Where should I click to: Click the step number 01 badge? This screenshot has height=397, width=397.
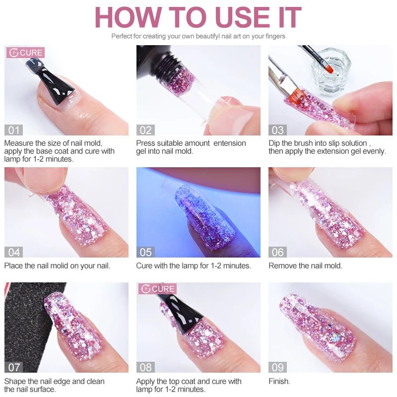coord(13,130)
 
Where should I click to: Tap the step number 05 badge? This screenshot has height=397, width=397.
coord(145,252)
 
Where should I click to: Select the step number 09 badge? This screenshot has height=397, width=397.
coord(278,367)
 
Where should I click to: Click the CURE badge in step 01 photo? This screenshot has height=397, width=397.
coord(25,53)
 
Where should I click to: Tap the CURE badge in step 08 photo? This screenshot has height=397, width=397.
coord(158,289)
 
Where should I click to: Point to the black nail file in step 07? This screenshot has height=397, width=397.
coord(22,323)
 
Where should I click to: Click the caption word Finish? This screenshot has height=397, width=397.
coord(279,381)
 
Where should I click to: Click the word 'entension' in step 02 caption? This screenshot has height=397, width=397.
coord(230,143)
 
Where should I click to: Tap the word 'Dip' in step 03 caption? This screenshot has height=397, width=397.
coord(275,143)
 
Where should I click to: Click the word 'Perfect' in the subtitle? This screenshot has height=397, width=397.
coord(123,36)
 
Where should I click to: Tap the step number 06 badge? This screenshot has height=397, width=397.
coord(278,252)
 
